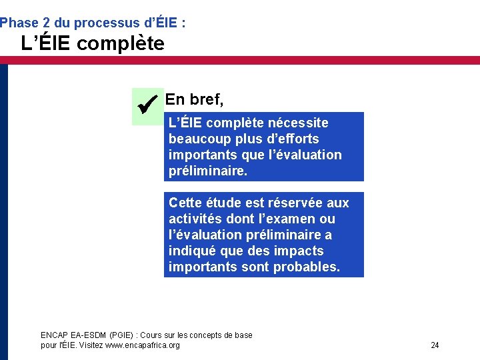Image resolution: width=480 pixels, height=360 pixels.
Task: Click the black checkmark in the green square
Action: pyautogui.click(x=146, y=105)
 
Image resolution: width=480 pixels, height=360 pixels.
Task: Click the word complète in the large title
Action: pyautogui.click(x=120, y=44)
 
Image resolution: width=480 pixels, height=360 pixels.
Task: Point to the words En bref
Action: pyautogui.click(x=194, y=100)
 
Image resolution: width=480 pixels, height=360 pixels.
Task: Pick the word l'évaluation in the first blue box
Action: pyautogui.click(x=305, y=155)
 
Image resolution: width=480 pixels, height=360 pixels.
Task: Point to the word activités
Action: pyautogui.click(x=195, y=219)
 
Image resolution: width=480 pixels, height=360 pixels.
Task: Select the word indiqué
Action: pyautogui.click(x=192, y=251)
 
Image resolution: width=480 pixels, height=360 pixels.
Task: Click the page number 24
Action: pyautogui.click(x=435, y=345)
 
